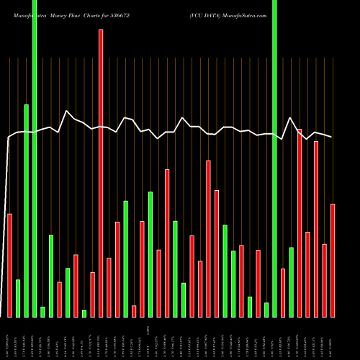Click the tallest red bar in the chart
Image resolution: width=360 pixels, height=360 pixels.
101,173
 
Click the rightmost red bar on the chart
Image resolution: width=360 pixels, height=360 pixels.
333,260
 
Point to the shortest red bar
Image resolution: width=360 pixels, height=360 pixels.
134,311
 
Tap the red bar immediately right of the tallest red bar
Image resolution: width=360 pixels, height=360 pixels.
109,287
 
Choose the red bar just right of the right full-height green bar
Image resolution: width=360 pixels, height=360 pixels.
283,292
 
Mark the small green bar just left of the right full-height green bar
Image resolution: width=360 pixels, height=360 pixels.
266,310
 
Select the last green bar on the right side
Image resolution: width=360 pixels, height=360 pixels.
291,282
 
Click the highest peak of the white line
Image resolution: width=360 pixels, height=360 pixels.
67,111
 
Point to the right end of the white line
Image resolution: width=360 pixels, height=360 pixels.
332,137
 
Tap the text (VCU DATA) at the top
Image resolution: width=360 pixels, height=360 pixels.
207,15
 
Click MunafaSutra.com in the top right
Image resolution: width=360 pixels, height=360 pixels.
248,15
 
